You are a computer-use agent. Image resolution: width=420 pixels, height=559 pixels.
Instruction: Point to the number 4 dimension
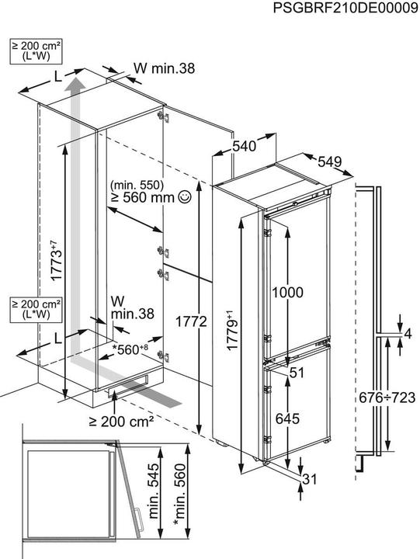(x=408, y=334)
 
